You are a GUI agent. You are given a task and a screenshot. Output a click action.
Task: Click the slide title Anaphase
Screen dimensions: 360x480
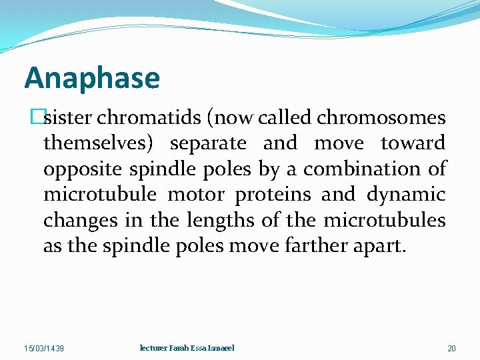(x=92, y=78)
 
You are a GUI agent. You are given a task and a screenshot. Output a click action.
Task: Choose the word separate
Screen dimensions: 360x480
(x=208, y=143)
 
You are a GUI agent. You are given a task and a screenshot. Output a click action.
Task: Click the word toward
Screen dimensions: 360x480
(x=413, y=143)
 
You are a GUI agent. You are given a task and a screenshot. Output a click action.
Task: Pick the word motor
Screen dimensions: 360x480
(x=193, y=195)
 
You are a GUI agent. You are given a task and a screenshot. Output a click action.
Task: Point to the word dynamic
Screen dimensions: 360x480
(x=406, y=195)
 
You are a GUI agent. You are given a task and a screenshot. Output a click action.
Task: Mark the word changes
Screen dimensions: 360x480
(x=74, y=221)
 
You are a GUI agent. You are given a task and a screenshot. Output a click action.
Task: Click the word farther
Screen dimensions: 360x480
(x=316, y=246)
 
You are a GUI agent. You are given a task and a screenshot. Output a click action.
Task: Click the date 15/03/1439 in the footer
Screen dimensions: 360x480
(x=44, y=349)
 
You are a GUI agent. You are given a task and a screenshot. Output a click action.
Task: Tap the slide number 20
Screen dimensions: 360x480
(x=451, y=349)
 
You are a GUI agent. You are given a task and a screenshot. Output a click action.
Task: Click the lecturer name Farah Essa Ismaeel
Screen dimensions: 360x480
(x=187, y=348)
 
